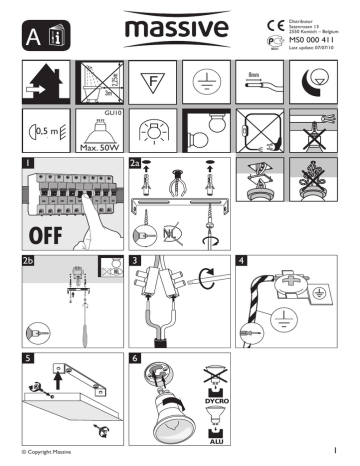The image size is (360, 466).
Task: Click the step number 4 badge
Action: [x=241, y=262]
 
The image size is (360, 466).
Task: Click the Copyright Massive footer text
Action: [x=46, y=458]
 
